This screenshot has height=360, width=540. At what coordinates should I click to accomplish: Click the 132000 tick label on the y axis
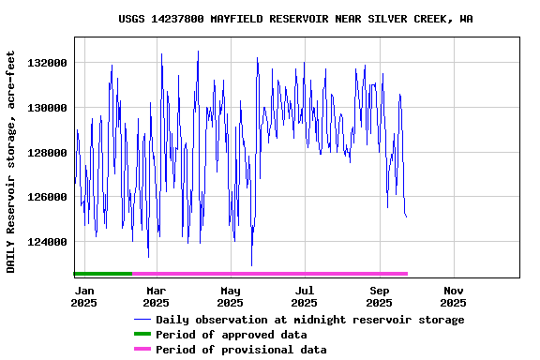pyautogui.click(x=49, y=63)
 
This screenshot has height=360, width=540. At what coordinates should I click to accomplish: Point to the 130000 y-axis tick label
pyautogui.click(x=49, y=108)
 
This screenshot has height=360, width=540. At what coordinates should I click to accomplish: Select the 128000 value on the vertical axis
pyautogui.click(x=49, y=153)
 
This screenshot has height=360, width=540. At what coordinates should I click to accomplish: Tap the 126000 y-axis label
pyautogui.click(x=49, y=198)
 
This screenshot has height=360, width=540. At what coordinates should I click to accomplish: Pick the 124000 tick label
pyautogui.click(x=49, y=242)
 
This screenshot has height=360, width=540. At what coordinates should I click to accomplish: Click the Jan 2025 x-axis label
pyautogui.click(x=83, y=296)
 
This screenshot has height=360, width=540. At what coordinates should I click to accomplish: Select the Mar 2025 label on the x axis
pyautogui.click(x=156, y=296)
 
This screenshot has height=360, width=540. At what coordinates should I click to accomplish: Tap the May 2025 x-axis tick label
pyautogui.click(x=230, y=296)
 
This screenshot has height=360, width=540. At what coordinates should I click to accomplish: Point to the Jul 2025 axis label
pyautogui.click(x=304, y=296)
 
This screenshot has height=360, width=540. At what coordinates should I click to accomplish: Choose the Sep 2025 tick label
pyautogui.click(x=379, y=296)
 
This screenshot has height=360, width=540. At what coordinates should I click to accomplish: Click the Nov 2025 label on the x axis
pyautogui.click(x=453, y=296)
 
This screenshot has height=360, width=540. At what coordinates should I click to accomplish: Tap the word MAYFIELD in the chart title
pyautogui.click(x=236, y=19)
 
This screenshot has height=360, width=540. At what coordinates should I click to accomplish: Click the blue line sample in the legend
pyautogui.click(x=142, y=320)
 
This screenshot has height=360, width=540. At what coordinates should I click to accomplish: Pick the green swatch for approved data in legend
pyautogui.click(x=142, y=335)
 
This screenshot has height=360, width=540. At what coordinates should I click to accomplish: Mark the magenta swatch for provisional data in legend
pyautogui.click(x=142, y=350)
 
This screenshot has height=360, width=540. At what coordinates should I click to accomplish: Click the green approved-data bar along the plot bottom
pyautogui.click(x=103, y=274)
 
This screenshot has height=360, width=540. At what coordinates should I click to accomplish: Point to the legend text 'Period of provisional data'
pyautogui.click(x=241, y=350)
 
